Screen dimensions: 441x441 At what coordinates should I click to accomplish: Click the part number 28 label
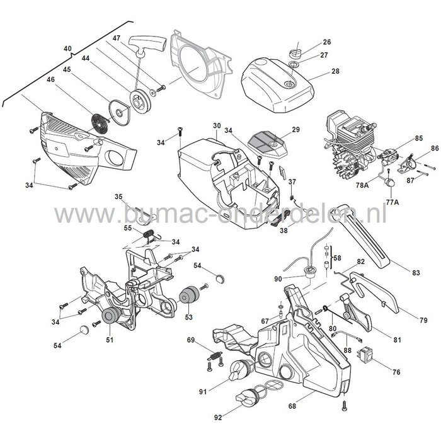point(335,71)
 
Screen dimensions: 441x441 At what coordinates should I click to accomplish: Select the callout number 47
point(116,39)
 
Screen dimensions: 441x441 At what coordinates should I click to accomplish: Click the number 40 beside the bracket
point(68,47)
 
